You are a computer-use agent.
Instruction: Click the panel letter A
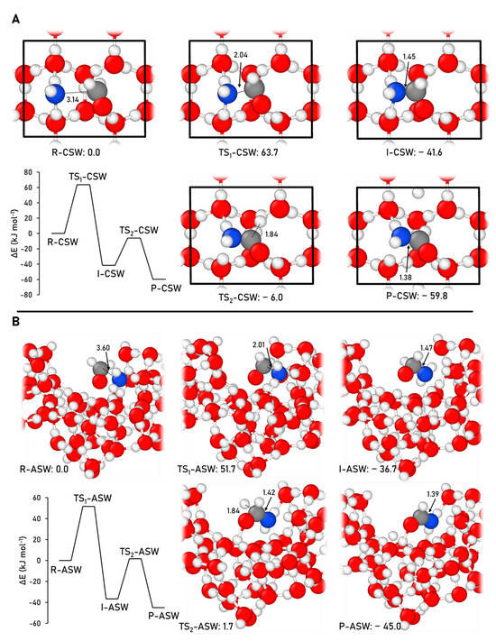tap(15, 19)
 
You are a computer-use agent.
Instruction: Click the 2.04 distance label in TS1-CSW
tap(240, 55)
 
